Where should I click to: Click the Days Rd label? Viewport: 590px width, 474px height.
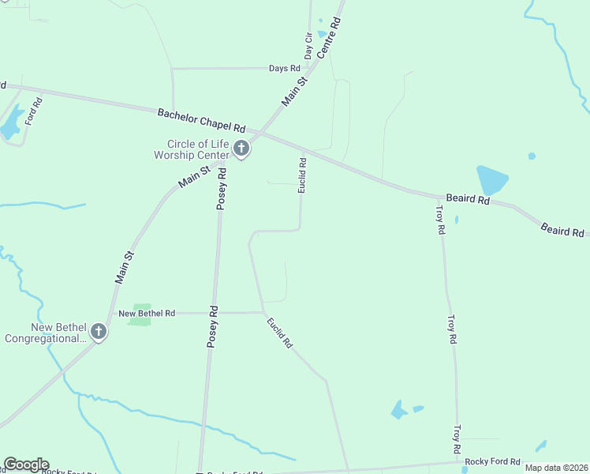point(284,69)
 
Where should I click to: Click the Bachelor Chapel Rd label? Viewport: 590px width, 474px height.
point(201,120)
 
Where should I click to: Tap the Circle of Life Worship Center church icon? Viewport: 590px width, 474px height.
point(241,149)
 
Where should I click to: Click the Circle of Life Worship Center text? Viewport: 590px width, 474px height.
point(196,149)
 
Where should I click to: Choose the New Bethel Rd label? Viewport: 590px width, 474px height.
point(147,314)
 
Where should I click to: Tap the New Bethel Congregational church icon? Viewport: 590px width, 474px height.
point(99,332)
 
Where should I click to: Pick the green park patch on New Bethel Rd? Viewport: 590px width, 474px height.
point(141,314)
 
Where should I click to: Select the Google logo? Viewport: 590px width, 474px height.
point(26,465)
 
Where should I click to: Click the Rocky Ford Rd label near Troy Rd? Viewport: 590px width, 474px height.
point(493,461)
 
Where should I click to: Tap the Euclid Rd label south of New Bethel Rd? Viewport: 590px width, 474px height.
point(280,333)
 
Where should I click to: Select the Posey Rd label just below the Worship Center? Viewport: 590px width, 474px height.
point(222,189)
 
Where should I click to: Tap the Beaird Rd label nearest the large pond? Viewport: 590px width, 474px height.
point(468,199)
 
